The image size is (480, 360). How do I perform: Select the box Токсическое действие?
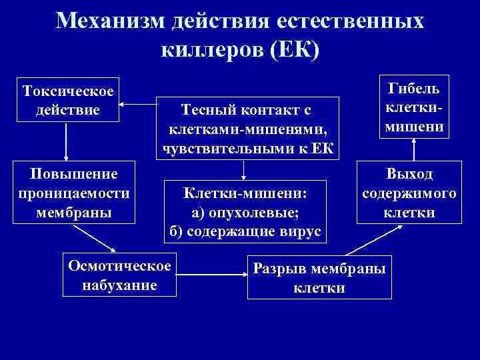(x=67, y=99)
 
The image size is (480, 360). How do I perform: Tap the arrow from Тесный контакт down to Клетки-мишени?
(x=245, y=170)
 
